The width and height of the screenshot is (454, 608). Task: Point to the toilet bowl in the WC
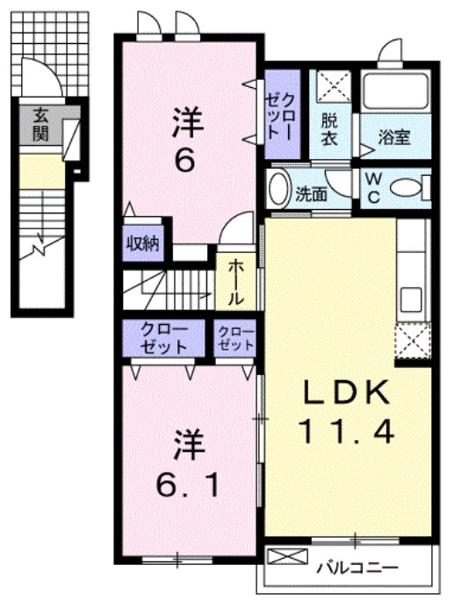click(405, 186)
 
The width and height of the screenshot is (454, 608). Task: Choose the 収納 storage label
click(141, 243)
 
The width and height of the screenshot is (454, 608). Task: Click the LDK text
click(347, 392)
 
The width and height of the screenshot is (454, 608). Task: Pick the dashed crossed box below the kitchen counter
click(412, 339)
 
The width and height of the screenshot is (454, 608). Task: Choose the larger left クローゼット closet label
click(165, 338)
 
